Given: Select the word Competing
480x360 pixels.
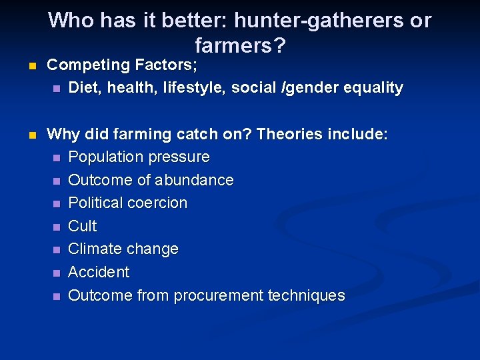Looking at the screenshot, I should (x=89, y=65).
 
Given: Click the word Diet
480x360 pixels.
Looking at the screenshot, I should (x=84, y=87).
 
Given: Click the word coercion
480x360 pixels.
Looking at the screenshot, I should (x=156, y=203).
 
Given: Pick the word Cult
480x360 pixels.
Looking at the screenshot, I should (x=83, y=226).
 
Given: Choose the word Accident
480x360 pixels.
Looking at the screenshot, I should (x=99, y=272).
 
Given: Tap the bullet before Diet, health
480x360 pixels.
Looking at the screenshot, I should (x=57, y=89).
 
